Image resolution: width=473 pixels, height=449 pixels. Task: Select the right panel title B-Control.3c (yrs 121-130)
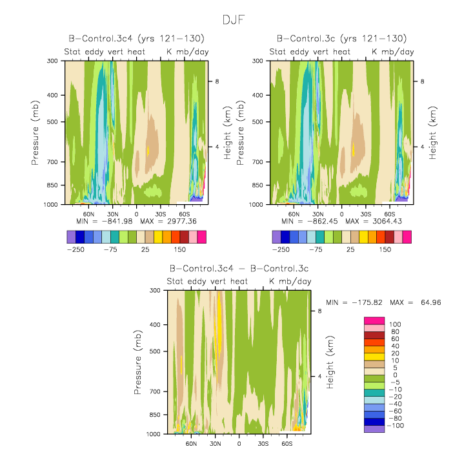[341, 39]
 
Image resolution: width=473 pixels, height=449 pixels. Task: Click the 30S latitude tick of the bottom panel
[263, 444]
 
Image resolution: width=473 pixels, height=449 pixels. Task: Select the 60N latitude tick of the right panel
[294, 213]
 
